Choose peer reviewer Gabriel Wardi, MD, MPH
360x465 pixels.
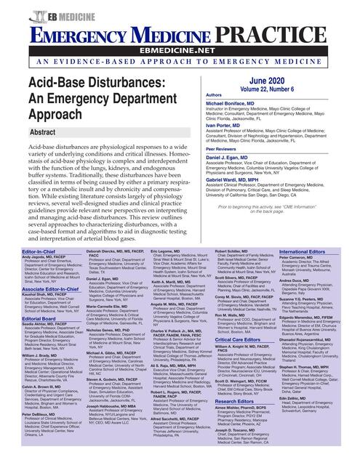[x=222, y=181]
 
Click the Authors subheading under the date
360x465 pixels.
[x=194, y=95]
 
